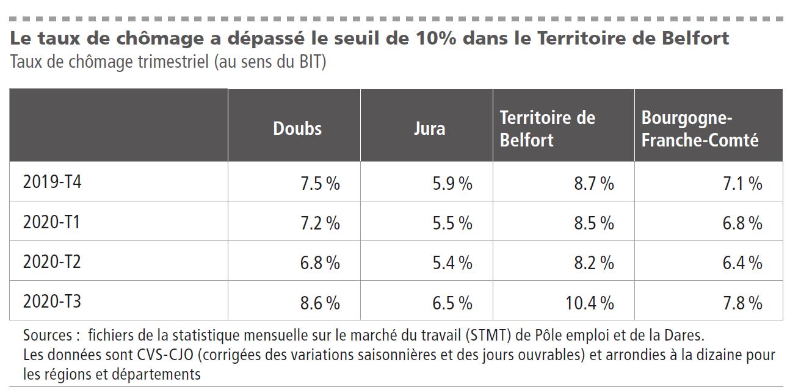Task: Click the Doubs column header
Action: pos(297,128)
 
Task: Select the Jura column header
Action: pos(429,128)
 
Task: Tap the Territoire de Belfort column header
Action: pos(547,129)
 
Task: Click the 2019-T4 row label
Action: pos(52,182)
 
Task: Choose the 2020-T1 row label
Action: pos(52,222)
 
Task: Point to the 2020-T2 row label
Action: pos(52,262)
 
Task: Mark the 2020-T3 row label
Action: pos(52,302)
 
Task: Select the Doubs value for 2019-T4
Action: pos(320,183)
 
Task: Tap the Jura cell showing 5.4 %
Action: pos(452,262)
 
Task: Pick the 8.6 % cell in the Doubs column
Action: pos(320,302)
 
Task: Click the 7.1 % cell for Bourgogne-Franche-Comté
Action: pos(742,183)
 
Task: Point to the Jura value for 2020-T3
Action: pos(452,302)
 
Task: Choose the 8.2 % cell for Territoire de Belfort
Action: pos(593,262)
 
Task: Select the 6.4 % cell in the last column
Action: pos(742,262)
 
